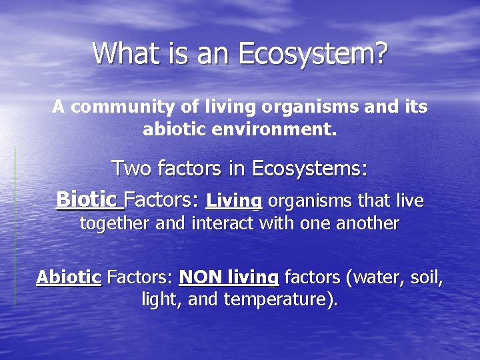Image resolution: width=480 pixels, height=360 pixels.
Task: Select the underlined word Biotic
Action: pos(87,199)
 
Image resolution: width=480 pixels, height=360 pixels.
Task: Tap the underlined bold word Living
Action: pos(234,200)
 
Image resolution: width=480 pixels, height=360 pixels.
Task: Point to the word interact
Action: pos(223,223)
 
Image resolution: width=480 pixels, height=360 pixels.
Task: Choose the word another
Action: pos(366,223)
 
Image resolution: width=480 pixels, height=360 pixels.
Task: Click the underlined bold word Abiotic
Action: pos(68,277)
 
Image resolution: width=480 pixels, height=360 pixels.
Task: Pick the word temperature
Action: pos(279,300)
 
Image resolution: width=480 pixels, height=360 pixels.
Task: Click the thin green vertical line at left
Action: pos(15,227)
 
